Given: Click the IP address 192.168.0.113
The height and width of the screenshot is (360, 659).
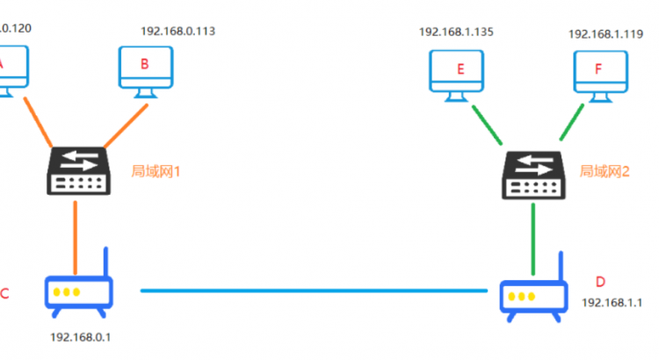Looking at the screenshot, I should click(178, 31).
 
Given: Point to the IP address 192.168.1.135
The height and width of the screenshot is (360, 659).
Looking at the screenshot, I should click(456, 32).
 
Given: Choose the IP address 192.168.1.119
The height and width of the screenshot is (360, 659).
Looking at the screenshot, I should click(605, 34).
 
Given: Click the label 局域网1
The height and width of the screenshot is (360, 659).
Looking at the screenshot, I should click(156, 170).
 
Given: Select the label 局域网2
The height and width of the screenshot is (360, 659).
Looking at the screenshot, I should click(604, 170).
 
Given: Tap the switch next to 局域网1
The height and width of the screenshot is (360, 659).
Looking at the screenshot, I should click(78, 170).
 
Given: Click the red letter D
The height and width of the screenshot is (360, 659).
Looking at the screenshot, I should click(600, 282).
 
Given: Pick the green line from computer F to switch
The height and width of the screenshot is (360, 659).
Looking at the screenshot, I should click(568, 125).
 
